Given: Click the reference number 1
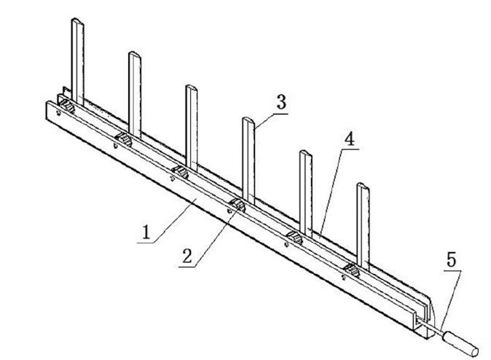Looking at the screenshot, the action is [x=146, y=232].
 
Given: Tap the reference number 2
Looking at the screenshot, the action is [x=187, y=256].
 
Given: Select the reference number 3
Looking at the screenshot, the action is [x=281, y=102].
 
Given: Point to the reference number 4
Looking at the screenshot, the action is [x=350, y=138].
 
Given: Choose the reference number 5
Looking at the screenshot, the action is [x=451, y=259].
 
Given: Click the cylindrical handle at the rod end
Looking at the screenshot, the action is [x=460, y=344].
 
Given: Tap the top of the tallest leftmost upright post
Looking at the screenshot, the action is [x=78, y=21].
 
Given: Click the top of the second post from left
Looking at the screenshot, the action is [x=135, y=55].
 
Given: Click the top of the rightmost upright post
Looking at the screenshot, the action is [x=364, y=187].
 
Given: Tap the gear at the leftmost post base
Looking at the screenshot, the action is [x=67, y=106].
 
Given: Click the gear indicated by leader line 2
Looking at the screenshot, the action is [x=237, y=205].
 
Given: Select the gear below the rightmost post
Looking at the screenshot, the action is [x=351, y=270].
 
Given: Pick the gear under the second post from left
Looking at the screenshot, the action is [x=123, y=138].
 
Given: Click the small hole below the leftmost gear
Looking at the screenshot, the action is [x=58, y=114].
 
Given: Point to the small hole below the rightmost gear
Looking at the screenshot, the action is [x=344, y=278].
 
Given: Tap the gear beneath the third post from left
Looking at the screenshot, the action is [x=181, y=172].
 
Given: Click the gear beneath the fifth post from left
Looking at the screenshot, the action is [x=294, y=238].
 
